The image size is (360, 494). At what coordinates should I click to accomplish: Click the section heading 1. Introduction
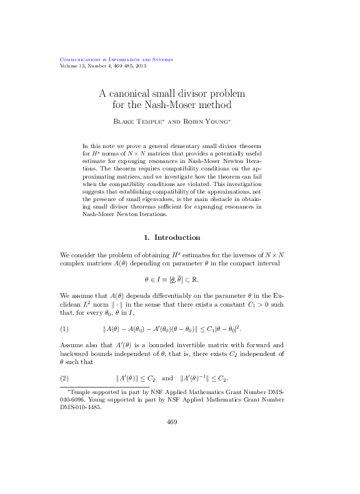point(172,237)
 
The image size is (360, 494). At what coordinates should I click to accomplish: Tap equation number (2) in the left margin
point(64,378)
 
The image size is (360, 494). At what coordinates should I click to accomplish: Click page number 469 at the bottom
point(172,422)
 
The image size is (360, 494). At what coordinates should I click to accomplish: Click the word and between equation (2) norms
point(167,378)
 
